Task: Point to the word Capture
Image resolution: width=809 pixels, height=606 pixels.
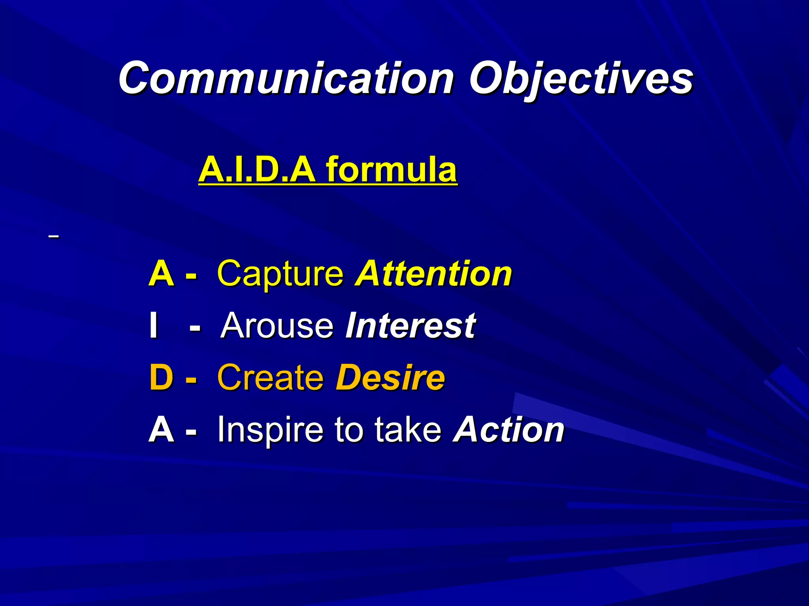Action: pos(280,273)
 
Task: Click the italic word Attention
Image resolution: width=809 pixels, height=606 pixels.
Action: pos(433,273)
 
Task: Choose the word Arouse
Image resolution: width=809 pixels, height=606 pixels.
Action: pos(278,325)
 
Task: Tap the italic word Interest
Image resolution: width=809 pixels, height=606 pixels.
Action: pos(410,325)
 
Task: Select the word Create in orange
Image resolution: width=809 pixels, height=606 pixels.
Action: pos(271,378)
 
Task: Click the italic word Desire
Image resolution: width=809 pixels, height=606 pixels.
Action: pos(390,378)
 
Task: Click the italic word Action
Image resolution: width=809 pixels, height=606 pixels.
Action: pos(509,430)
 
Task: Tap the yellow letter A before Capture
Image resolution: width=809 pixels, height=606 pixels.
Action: pos(161,273)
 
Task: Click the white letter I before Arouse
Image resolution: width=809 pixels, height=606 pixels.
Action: pos(154,325)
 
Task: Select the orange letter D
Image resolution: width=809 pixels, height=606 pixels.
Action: pos(161,378)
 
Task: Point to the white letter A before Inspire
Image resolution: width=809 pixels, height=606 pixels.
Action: pos(161,430)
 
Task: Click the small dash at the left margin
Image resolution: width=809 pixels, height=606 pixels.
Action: pos(53,237)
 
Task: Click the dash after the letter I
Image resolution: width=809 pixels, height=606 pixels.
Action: pos(195,327)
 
